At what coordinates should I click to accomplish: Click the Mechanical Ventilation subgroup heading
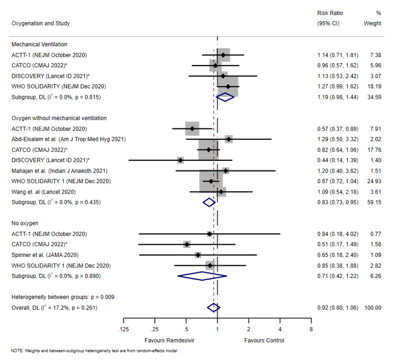(39, 44)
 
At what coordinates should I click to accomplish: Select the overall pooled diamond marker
(213, 308)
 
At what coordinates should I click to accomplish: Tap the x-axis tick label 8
(311, 330)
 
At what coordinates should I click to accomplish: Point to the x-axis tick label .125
(124, 330)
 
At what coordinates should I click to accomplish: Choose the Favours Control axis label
(264, 340)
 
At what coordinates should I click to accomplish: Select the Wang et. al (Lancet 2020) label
(43, 192)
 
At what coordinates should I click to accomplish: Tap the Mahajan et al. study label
(59, 171)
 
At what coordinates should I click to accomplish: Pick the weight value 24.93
(374, 181)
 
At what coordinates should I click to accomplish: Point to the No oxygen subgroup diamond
(202, 276)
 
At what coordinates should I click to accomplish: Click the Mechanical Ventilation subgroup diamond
(225, 97)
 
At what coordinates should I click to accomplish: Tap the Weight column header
(372, 23)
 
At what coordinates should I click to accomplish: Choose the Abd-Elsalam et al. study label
(69, 139)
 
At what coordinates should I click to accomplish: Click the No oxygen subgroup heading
(25, 224)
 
